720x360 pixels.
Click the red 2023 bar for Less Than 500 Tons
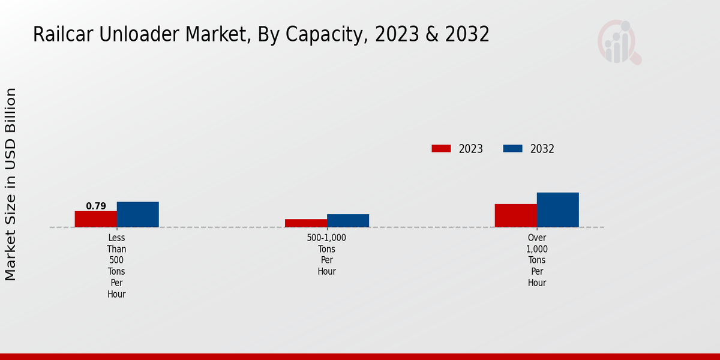coord(96,219)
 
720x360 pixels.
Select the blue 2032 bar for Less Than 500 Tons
coord(138,214)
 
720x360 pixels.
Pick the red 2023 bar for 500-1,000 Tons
coord(306,223)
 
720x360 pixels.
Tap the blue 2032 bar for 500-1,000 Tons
coord(348,221)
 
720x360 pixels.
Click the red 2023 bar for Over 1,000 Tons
coord(516,215)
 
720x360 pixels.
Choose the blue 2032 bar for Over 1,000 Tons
coord(558,210)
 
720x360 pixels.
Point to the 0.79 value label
coord(96,206)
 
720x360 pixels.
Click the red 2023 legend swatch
coord(441,149)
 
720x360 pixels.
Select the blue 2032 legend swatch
coord(512,149)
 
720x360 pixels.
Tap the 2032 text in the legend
coord(542,149)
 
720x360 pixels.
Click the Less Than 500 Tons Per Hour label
coord(117,266)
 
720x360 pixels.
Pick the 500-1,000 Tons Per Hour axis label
coord(327,254)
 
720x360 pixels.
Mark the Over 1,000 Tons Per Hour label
coord(537,260)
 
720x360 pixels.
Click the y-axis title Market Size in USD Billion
coord(11,184)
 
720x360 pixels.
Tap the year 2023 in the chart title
coord(395,35)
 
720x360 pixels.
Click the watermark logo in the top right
coord(619,42)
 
